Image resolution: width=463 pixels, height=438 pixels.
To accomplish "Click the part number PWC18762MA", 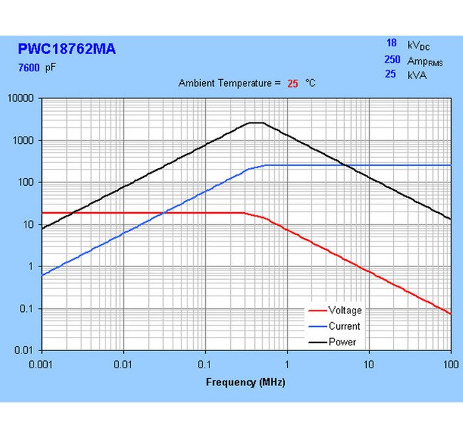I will click(66, 50).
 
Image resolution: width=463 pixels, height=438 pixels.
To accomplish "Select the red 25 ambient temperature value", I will click(292, 83).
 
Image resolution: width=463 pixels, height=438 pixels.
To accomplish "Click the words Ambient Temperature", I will click(224, 83).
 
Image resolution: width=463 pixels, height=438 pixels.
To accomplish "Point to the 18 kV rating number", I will click(390, 44).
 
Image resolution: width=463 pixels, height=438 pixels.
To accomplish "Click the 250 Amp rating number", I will click(388, 61).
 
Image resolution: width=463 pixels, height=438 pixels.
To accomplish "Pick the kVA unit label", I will click(417, 75).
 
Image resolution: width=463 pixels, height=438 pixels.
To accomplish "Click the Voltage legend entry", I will click(345, 311).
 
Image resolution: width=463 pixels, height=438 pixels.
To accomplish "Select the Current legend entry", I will click(344, 326).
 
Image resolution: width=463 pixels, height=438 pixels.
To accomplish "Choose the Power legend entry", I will click(342, 342).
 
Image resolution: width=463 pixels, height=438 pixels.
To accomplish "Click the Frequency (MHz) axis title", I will click(246, 382).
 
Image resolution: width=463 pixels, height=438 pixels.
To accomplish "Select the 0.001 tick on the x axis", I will click(41, 365).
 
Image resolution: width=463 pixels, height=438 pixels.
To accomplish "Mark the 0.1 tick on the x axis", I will click(205, 365).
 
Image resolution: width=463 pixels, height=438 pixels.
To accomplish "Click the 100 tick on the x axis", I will click(450, 365).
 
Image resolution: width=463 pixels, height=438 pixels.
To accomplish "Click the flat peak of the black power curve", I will click(256, 122).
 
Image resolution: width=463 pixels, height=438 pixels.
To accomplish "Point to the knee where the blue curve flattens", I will click(265, 165).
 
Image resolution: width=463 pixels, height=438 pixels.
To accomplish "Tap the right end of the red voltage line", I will click(450, 313).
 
